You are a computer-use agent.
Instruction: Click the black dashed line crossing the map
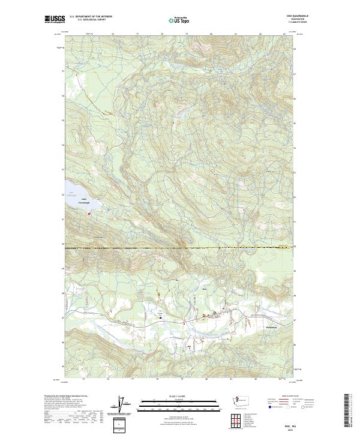pos(180,247)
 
